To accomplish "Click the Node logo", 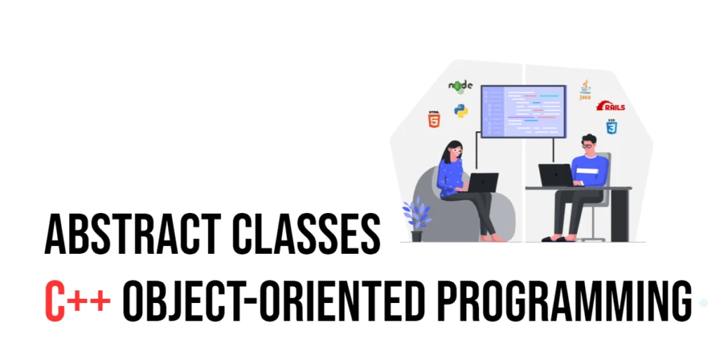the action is [461, 86].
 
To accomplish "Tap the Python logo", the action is [461, 110].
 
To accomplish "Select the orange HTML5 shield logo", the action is [433, 119].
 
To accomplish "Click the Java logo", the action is [585, 90].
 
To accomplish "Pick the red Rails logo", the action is [610, 105].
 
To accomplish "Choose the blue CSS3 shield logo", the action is [611, 127].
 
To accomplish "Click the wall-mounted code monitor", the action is [523, 111].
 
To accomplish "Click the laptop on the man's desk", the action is [556, 175].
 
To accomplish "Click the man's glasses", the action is [588, 146].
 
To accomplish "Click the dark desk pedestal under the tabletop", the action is [619, 215].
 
